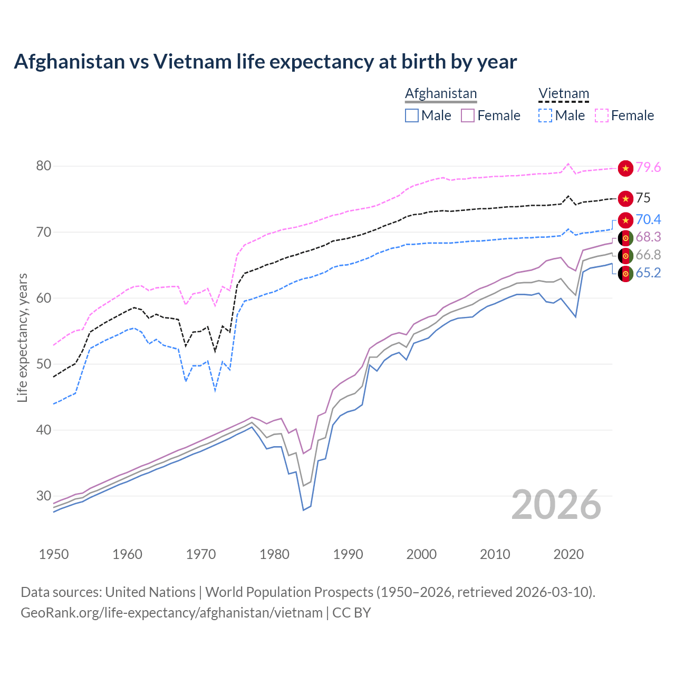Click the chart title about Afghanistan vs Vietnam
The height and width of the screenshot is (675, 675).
coord(265,62)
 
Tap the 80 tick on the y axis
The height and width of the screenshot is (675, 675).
coord(44,166)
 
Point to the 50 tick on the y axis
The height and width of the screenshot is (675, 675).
coord(44,364)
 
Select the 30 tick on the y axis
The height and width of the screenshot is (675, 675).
coord(44,496)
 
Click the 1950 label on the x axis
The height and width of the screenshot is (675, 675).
coord(54,554)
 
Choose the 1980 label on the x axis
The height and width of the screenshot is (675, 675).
coord(274,554)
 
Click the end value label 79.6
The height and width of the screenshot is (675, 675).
coord(648,168)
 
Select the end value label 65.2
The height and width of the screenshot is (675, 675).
coord(648,273)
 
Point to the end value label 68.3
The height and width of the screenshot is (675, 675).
coord(648,237)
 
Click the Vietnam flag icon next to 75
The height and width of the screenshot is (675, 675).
coord(625,199)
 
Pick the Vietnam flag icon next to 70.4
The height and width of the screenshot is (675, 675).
coord(625,220)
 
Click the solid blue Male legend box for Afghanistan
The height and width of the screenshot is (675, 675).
coord(412,115)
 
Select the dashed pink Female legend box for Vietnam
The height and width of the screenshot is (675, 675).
coord(602,115)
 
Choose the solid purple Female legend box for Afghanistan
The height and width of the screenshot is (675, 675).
coord(468,115)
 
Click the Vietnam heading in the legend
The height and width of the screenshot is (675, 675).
coord(563,94)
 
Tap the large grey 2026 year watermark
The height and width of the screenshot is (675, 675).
coord(556,505)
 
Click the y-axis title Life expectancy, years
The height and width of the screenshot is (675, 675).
coord(23,337)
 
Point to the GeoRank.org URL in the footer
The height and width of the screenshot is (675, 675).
coord(171,613)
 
